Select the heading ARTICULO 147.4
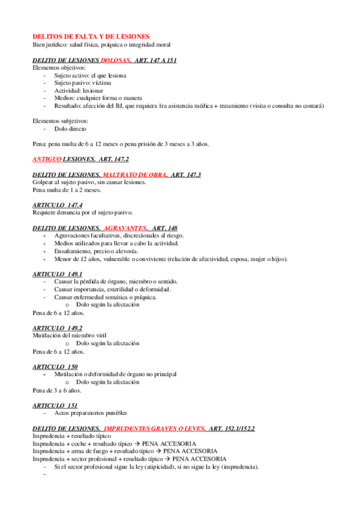58,205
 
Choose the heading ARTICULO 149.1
58,274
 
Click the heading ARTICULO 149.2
58,328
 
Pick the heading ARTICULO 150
55,366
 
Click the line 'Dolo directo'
70,129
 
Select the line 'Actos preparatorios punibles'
90,413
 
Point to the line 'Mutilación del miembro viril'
72,336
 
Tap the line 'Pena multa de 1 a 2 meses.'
67,190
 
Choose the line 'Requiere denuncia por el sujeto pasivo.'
82,213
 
